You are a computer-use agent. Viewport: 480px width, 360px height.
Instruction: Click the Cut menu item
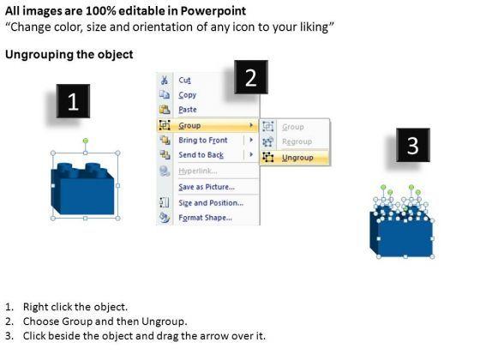(184, 81)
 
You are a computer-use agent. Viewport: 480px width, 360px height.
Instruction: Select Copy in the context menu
(188, 95)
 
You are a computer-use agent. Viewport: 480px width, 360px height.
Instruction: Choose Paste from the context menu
(188, 110)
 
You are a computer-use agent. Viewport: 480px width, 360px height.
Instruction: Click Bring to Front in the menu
(203, 141)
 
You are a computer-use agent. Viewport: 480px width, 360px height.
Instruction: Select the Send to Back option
(201, 155)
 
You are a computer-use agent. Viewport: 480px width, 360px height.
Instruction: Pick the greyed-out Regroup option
(297, 141)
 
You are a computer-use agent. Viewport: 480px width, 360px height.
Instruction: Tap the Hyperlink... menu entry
(198, 171)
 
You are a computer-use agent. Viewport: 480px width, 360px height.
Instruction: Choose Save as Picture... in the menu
(207, 187)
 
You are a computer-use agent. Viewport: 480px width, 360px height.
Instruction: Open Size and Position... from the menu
(211, 202)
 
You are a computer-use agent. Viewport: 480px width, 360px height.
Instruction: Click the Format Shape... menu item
(205, 218)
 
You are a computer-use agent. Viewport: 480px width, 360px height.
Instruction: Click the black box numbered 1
(73, 101)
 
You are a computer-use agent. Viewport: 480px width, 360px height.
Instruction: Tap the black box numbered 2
(251, 77)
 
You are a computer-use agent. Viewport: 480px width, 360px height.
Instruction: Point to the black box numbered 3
(413, 145)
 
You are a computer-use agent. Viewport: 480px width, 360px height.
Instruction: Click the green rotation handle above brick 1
(86, 141)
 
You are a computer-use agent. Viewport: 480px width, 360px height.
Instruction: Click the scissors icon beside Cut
(165, 81)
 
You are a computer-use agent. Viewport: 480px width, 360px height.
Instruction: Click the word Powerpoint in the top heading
(213, 11)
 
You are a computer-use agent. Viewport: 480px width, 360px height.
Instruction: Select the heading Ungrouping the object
(69, 55)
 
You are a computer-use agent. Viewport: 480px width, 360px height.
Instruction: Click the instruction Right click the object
(75, 307)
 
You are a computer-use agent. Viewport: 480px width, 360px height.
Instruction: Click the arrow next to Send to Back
(251, 154)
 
